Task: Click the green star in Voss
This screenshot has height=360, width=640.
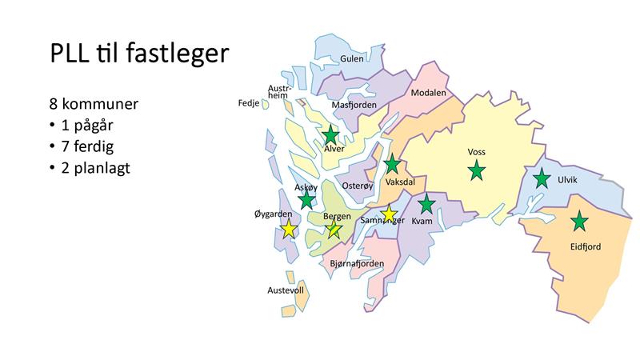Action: pyautogui.click(x=476, y=170)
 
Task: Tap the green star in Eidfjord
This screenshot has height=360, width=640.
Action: pyautogui.click(x=578, y=222)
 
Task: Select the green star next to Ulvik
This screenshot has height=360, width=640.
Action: pyautogui.click(x=542, y=178)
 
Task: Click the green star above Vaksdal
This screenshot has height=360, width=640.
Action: pyautogui.click(x=392, y=166)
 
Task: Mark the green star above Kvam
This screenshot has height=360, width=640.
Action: pyautogui.click(x=426, y=204)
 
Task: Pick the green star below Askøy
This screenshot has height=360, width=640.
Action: pyautogui.click(x=306, y=200)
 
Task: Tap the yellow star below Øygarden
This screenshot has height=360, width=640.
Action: pyautogui.click(x=288, y=230)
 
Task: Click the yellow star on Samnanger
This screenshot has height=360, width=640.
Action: pyautogui.click(x=389, y=214)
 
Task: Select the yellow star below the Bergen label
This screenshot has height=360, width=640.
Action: pyautogui.click(x=334, y=230)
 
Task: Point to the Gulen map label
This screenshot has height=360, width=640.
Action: pyautogui.click(x=352, y=58)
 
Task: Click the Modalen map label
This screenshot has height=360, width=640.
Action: pyautogui.click(x=428, y=93)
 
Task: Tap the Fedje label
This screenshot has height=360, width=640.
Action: pyautogui.click(x=248, y=103)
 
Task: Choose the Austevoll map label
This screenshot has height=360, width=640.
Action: pyautogui.click(x=286, y=290)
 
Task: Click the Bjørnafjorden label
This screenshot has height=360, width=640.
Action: pyautogui.click(x=357, y=263)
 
